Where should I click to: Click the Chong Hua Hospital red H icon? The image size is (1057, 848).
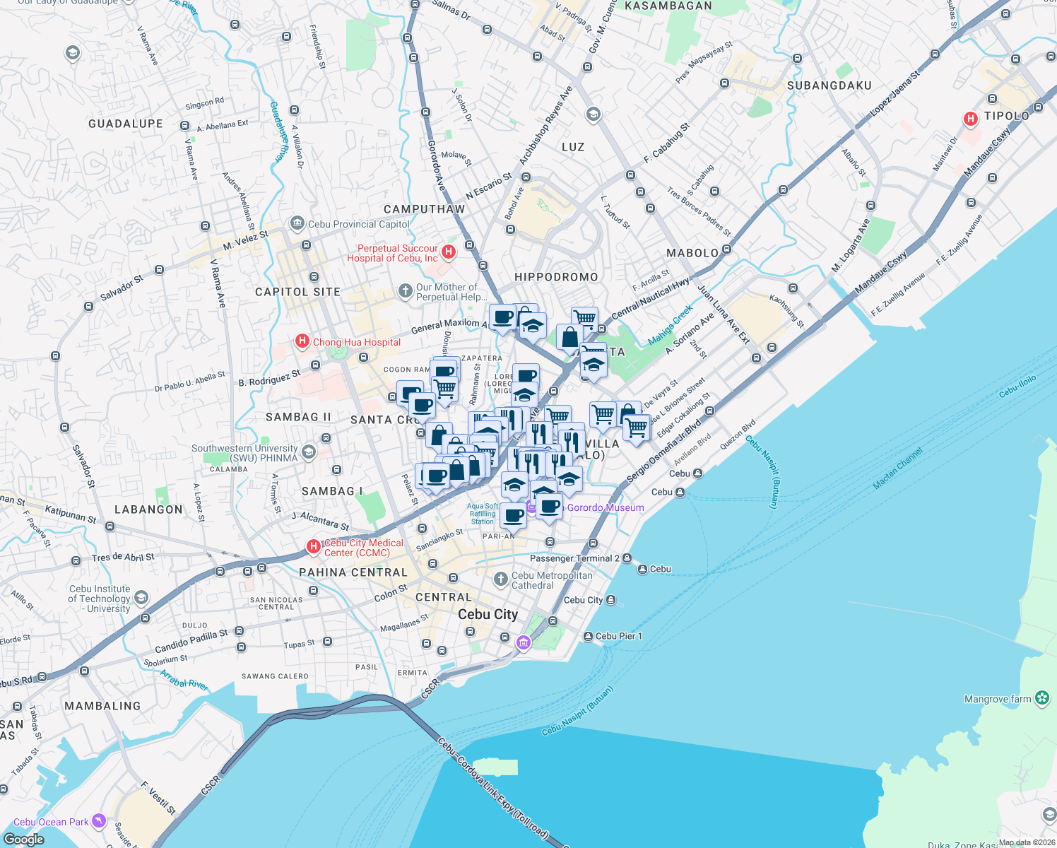tap(302, 342)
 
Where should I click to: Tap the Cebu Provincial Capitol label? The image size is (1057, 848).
tap(358, 224)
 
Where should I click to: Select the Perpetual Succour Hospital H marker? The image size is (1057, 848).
tap(448, 252)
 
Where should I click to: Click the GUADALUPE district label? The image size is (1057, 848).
tap(126, 124)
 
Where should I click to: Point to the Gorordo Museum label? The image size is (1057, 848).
tap(606, 507)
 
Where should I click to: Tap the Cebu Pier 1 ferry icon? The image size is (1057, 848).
tap(588, 636)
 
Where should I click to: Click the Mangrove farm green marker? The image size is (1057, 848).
tap(1042, 698)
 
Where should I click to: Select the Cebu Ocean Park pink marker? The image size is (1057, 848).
tap(99, 821)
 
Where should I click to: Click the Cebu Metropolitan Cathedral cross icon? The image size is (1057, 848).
tap(501, 579)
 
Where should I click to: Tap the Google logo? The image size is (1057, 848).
tap(23, 839)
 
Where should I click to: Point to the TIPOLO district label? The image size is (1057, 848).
tap(1007, 116)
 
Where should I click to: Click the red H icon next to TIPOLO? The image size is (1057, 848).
tap(971, 119)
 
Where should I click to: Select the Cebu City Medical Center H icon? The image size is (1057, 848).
tap(313, 546)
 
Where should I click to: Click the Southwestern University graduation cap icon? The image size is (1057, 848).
tap(308, 452)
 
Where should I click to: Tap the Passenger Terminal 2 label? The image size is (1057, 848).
tap(574, 558)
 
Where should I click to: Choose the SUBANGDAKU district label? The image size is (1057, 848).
tap(829, 86)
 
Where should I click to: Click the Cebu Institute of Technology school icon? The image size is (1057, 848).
tap(141, 599)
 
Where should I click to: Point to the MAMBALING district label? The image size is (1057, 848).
tap(102, 706)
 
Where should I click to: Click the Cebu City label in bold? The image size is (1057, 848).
tap(488, 614)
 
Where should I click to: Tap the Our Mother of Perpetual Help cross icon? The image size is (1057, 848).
tap(405, 290)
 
